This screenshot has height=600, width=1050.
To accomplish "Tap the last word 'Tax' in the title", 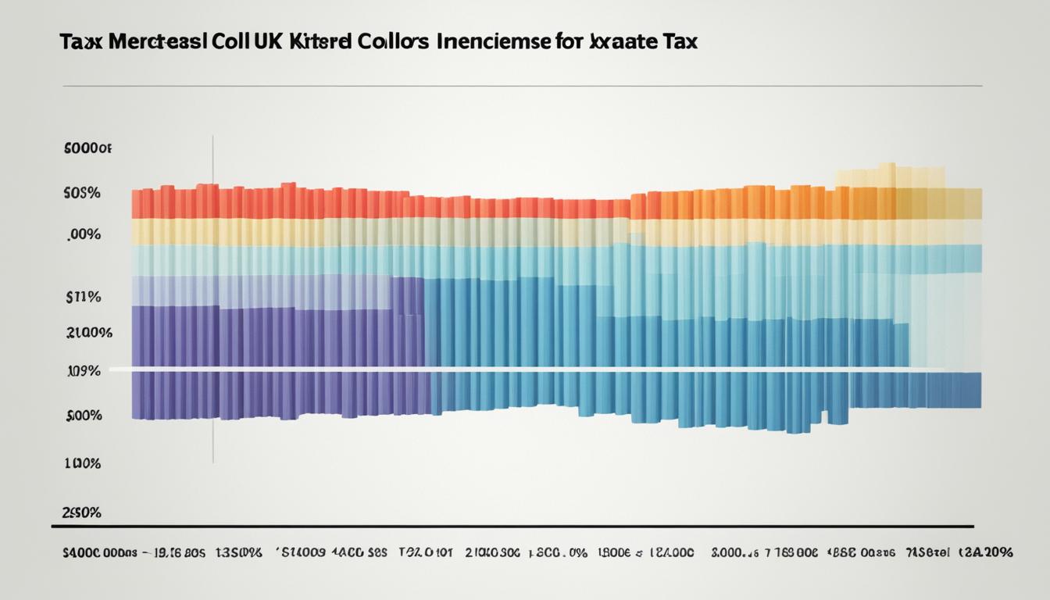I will (677, 42).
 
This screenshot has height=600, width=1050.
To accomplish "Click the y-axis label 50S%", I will (81, 193).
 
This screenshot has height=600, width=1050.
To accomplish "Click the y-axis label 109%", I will (82, 372).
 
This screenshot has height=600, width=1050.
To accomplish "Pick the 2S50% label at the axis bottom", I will (81, 513).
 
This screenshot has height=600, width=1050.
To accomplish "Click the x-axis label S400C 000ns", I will (98, 552).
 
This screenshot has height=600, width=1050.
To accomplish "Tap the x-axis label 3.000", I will (734, 552).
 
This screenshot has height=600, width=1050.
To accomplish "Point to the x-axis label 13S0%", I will (237, 552).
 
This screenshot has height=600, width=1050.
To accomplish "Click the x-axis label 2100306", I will (492, 552).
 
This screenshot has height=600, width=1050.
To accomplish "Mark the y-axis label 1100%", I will (81, 463).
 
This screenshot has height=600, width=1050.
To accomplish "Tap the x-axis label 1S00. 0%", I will (558, 552).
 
